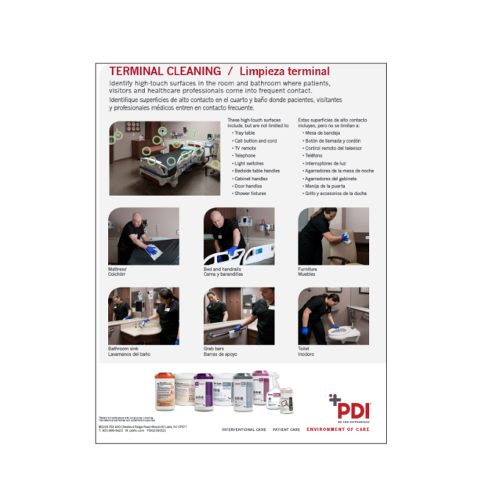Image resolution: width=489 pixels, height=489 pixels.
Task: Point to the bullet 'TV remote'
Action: point(245,148)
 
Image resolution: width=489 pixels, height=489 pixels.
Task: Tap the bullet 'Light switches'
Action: point(248,163)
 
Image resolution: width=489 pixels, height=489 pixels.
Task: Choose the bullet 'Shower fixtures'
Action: point(250,193)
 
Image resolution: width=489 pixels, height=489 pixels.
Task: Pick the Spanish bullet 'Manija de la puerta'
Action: point(325,186)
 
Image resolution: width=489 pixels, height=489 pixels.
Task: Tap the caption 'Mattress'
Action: point(118,268)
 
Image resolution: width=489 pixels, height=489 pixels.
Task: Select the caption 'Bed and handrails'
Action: point(221,268)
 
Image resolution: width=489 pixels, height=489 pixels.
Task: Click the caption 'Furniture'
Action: point(307,268)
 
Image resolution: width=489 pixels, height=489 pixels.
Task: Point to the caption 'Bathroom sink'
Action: point(125,348)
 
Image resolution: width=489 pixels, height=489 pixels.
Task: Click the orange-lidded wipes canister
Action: point(165,391)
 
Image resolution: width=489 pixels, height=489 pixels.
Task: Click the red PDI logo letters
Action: point(354,409)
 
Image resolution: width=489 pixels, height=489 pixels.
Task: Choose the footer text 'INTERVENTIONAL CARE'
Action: point(245,429)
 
